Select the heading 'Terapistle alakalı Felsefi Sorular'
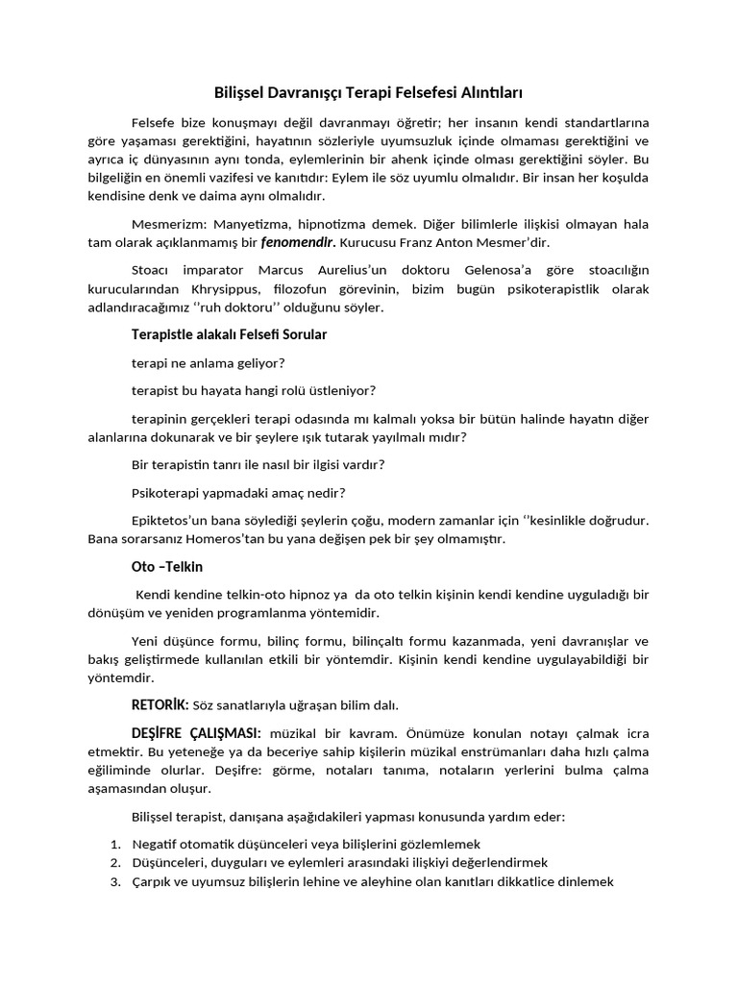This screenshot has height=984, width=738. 229,334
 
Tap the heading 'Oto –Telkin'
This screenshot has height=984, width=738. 167,566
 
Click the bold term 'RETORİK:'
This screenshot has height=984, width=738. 160,704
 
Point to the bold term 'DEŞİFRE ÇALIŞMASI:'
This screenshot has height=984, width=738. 196,732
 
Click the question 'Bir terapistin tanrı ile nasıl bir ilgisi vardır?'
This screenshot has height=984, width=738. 258,464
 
